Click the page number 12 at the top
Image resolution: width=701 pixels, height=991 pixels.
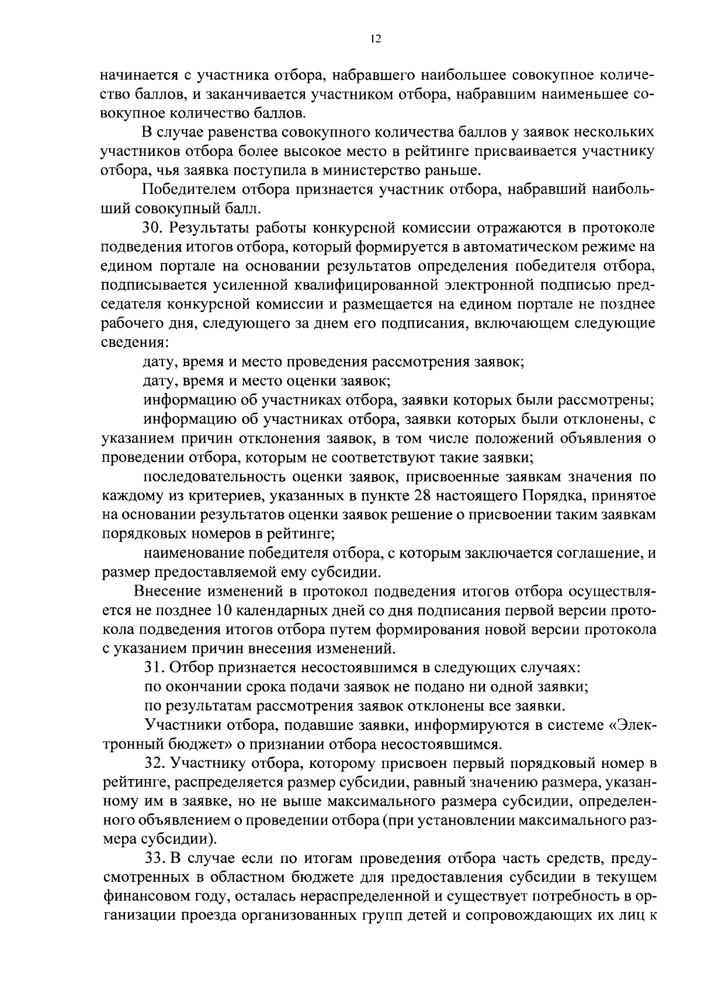point(376,39)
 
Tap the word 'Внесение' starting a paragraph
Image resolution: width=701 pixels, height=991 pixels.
point(169,591)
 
